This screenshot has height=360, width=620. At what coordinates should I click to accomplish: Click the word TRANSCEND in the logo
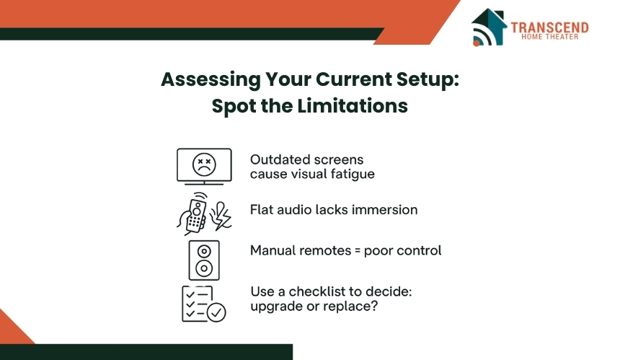549,27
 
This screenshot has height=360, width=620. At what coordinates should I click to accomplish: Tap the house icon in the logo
489,27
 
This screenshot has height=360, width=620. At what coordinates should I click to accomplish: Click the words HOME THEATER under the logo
549,37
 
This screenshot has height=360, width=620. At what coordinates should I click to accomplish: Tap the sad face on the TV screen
204,164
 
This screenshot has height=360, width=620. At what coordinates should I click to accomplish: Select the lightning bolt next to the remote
221,216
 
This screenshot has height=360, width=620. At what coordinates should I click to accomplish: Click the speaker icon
204,260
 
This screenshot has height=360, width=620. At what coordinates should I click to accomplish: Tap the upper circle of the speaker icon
204,251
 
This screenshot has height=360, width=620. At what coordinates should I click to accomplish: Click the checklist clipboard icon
203,304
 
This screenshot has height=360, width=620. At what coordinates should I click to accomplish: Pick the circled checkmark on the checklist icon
216,312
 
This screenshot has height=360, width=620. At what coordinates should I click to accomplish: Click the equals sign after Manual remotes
358,251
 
